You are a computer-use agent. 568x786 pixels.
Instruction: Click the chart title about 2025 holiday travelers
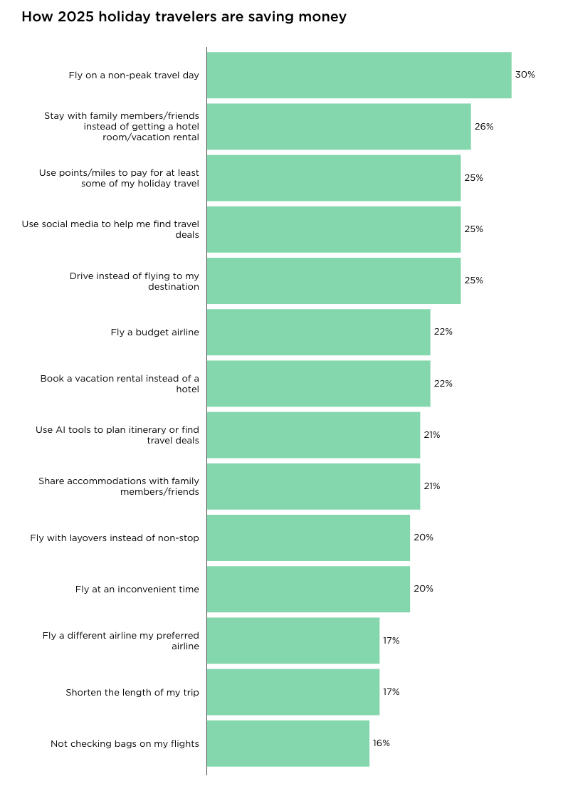point(184,16)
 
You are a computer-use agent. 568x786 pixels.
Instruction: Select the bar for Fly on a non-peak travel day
point(359,75)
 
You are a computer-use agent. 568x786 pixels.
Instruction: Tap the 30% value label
point(525,75)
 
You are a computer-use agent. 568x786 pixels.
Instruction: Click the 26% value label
point(484,126)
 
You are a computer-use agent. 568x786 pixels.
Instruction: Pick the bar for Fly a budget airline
point(318,332)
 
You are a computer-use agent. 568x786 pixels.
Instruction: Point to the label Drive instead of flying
point(134,281)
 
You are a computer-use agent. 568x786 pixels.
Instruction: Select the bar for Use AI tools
point(313,435)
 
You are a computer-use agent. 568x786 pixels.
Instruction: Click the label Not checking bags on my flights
point(125,743)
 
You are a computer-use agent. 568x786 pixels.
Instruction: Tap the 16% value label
point(382,743)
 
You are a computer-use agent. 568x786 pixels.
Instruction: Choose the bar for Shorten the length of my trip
point(293,692)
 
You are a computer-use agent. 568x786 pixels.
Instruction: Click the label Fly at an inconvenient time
point(137,589)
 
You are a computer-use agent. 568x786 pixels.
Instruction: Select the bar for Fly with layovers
point(308,538)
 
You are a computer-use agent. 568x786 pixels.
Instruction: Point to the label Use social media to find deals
point(110,229)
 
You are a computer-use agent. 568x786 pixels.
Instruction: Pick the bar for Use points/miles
point(334,178)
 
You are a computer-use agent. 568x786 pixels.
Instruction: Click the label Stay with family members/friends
point(122,126)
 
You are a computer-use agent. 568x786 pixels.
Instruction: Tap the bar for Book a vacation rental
point(318,384)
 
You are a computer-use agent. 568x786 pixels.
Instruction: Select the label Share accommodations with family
point(119,486)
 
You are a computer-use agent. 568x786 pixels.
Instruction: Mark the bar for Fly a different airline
point(293,641)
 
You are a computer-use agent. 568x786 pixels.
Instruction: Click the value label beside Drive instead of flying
point(473,281)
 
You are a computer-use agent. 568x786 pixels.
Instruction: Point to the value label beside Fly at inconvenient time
point(423,589)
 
